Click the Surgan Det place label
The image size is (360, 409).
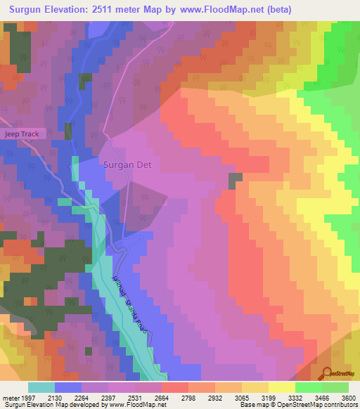tap(132, 165)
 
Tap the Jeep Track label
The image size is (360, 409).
tap(22, 134)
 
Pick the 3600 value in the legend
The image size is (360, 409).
tap(348, 398)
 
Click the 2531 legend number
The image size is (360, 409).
tap(148, 398)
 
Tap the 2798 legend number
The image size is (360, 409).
tap(201, 398)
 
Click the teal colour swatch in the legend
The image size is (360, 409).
tap(41, 387)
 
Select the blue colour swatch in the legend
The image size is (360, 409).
tap(68, 387)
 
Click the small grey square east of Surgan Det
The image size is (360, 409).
tap(235, 181)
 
